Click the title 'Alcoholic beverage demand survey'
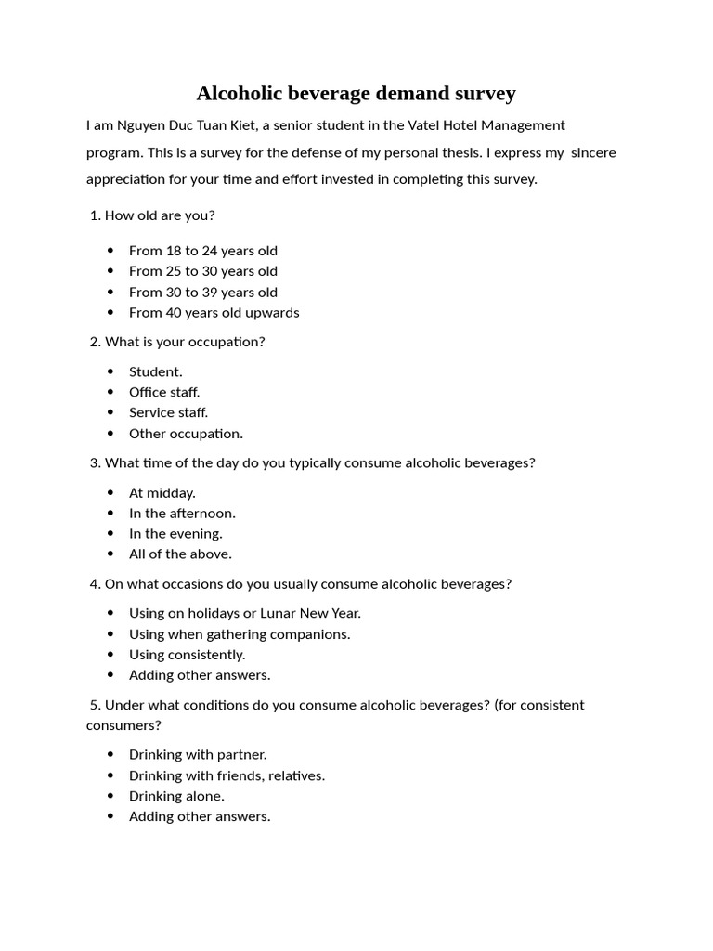(x=356, y=94)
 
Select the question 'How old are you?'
(x=159, y=215)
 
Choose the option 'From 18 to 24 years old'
(x=202, y=251)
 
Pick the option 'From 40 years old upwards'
(x=214, y=313)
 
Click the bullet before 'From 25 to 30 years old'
(x=111, y=271)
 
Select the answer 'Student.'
(x=155, y=372)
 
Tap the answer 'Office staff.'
(x=164, y=393)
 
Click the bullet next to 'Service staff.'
(x=111, y=413)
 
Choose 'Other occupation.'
(x=186, y=434)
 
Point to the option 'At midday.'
(x=162, y=493)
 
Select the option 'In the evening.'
(x=175, y=534)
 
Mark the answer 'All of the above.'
(x=180, y=554)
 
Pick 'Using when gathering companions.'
(x=240, y=634)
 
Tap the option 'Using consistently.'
(x=187, y=655)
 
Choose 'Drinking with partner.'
(x=198, y=755)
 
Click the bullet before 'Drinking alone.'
(x=111, y=796)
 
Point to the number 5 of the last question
(x=94, y=705)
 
